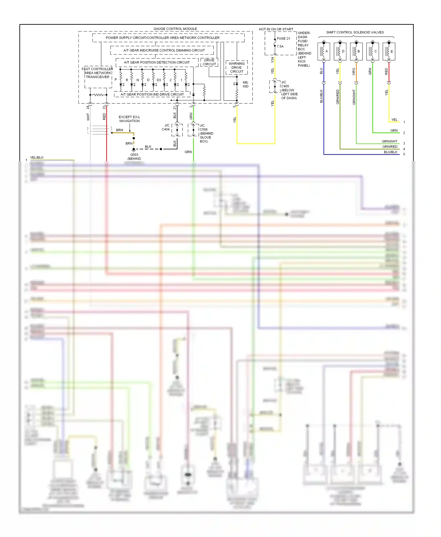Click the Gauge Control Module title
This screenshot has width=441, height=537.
(175, 29)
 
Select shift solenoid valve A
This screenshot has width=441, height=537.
(324, 51)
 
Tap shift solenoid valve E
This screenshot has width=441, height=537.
(389, 51)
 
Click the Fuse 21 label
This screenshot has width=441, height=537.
(283, 38)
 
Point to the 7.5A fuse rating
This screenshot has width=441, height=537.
(280, 46)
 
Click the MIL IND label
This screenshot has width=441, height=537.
(245, 84)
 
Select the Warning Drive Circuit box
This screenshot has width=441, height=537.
(237, 68)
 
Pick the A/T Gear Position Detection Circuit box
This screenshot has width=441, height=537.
(157, 62)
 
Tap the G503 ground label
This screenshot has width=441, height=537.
(134, 155)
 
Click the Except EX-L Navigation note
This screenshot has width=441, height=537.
(129, 119)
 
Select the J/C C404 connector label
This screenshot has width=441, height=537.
(166, 127)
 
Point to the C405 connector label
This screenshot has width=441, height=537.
(285, 86)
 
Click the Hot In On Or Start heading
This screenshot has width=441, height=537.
(276, 29)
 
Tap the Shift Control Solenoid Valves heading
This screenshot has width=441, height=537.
(355, 32)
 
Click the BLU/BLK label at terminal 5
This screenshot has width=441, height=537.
(390, 152)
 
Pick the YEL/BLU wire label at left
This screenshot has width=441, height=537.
(37, 157)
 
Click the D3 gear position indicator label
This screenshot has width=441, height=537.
(159, 80)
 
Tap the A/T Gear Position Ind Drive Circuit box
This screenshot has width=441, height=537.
(152, 94)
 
